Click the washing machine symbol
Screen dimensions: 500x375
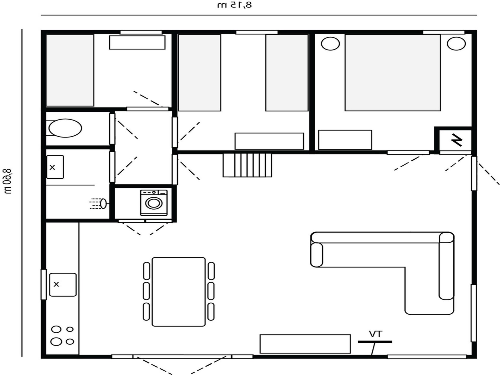[154, 203]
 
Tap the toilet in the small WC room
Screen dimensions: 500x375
[65, 128]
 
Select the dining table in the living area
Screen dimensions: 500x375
[179, 292]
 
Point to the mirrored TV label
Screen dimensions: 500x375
[375, 334]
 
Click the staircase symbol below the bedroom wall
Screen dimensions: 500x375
[247, 165]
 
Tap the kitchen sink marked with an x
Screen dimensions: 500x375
[63, 285]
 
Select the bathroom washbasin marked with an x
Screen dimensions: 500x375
[55, 167]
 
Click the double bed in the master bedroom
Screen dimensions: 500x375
[393, 73]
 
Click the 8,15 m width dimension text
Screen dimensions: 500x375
[235, 5]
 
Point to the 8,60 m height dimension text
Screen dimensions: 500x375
[8, 181]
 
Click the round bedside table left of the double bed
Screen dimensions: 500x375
[330, 44]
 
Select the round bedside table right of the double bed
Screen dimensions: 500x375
[456, 44]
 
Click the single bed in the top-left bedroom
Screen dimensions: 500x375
[70, 70]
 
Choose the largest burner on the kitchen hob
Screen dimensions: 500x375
[56, 341]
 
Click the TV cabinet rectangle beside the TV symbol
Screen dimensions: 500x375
[305, 344]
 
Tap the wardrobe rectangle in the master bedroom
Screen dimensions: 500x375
[345, 140]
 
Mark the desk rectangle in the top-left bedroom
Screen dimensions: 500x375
[137, 42]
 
